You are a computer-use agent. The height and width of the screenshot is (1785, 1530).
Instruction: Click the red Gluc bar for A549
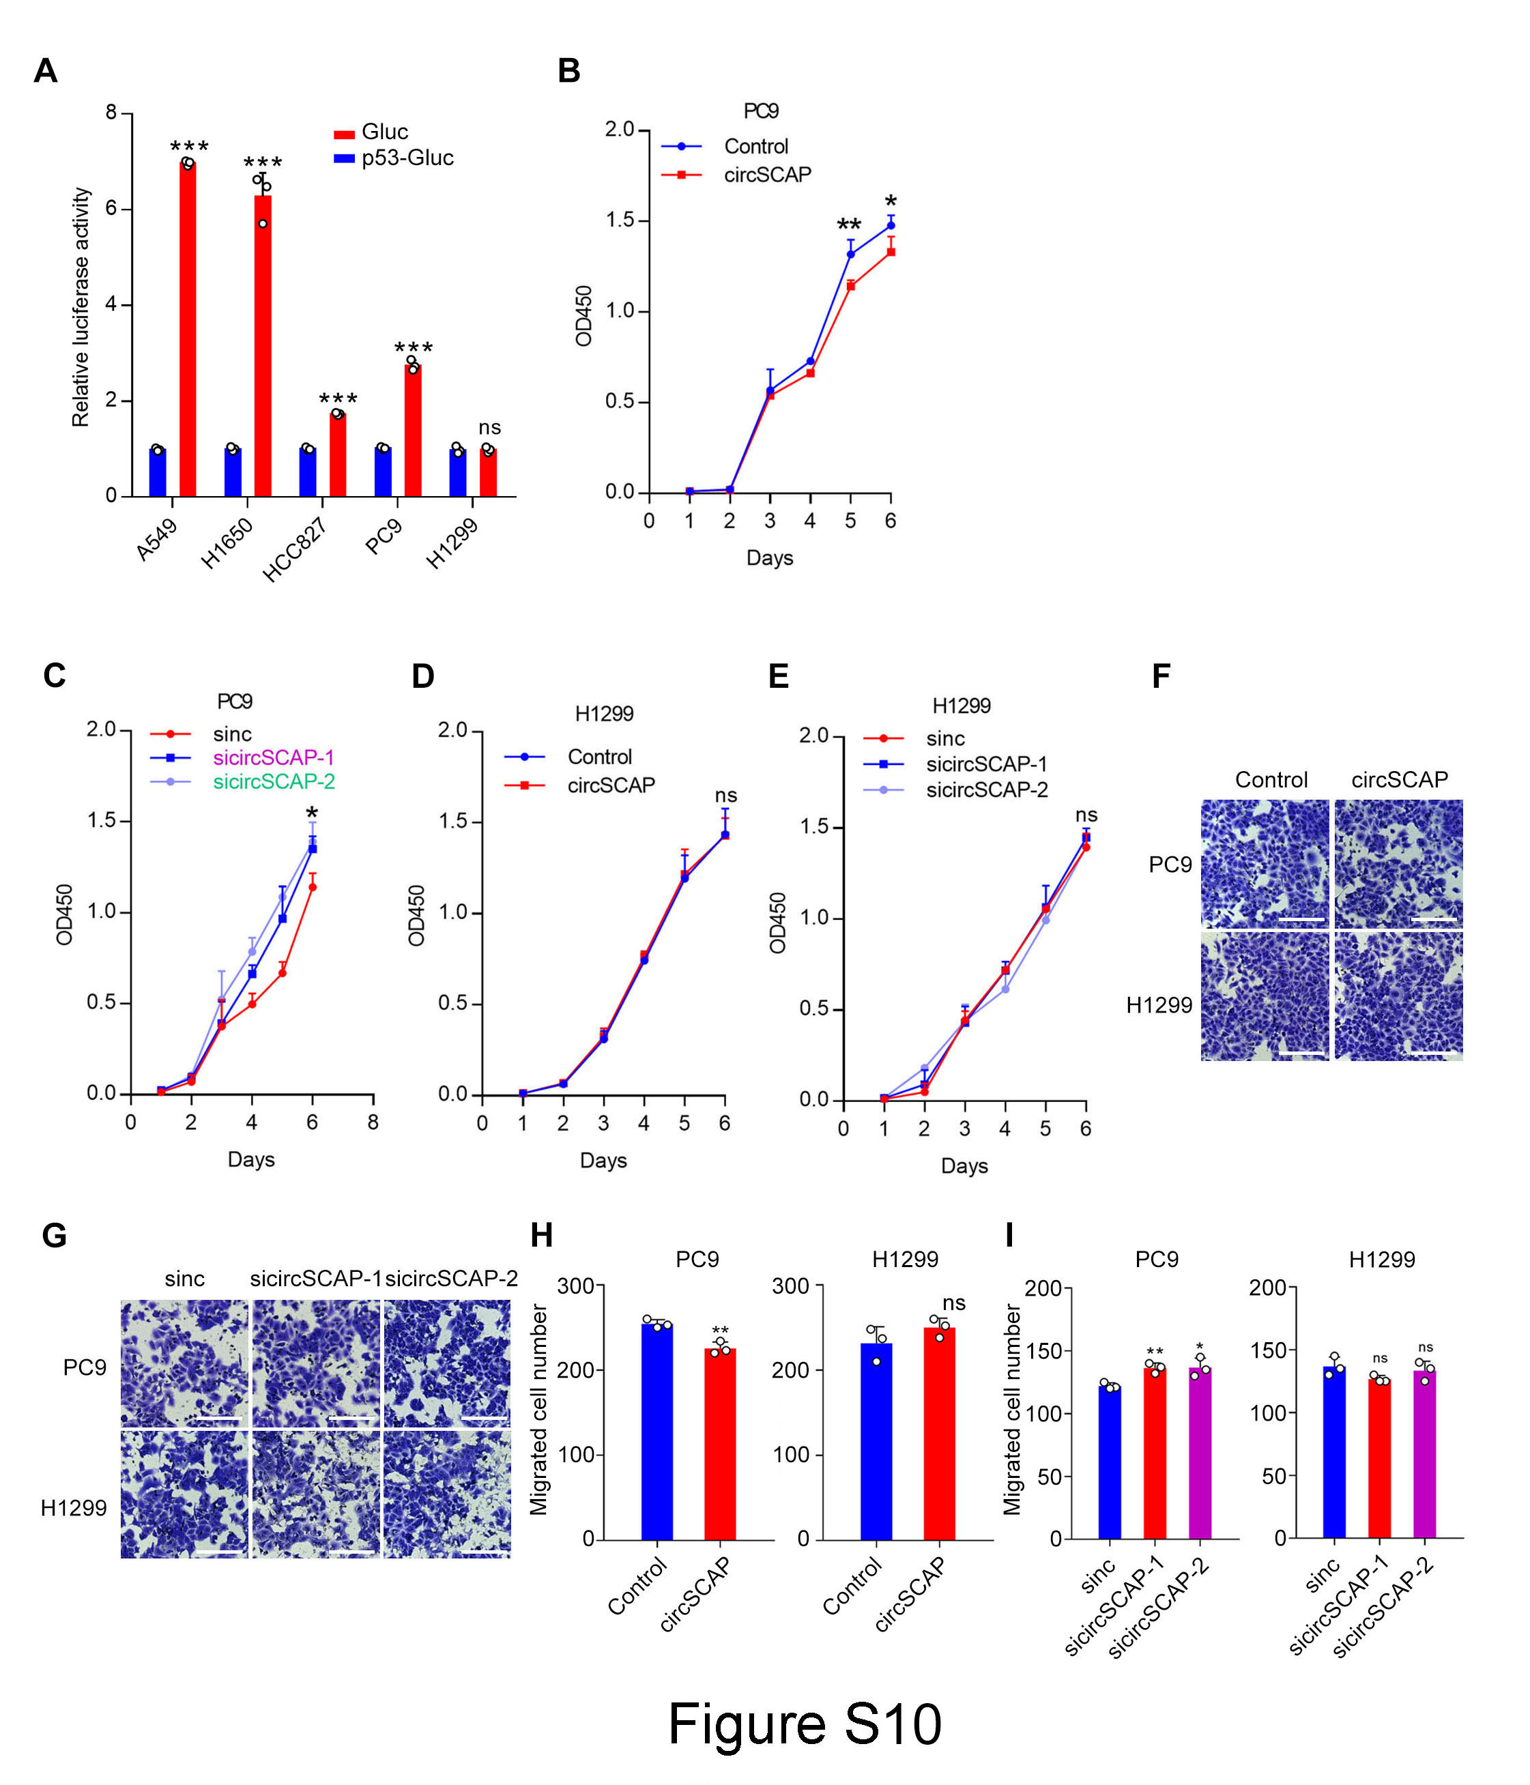click(x=187, y=328)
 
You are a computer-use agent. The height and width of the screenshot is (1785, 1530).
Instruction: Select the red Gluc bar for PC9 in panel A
click(x=413, y=430)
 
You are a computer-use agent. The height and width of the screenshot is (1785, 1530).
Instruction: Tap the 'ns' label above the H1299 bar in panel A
click(x=489, y=427)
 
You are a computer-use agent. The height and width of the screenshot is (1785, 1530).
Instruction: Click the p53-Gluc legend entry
click(x=394, y=158)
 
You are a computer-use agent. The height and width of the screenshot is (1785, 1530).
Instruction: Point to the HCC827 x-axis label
click(x=295, y=550)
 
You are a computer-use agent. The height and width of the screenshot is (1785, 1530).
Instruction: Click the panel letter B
click(x=568, y=71)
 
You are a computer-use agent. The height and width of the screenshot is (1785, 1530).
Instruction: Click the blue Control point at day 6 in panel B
click(x=891, y=226)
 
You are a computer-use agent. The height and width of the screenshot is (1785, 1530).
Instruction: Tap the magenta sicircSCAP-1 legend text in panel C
click(x=274, y=757)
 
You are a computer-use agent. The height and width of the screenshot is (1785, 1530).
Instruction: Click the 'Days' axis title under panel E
click(x=964, y=1165)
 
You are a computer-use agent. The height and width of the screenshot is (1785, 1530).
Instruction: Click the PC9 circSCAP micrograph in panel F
click(x=1399, y=864)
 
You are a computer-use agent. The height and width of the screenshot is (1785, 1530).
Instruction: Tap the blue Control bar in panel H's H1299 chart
click(x=876, y=1441)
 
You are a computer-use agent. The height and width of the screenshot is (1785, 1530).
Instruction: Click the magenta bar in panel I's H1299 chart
click(x=1425, y=1454)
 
